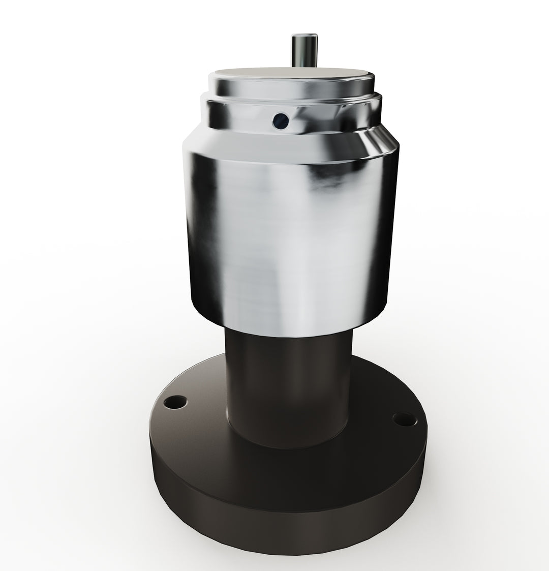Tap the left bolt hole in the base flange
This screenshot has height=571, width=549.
[x=175, y=403]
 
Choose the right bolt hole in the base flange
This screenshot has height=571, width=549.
[x=404, y=419]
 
